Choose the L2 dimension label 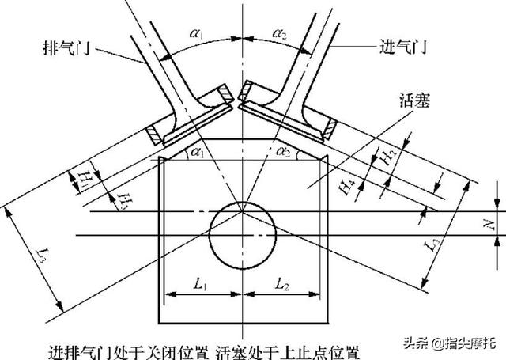coord(281,282)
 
